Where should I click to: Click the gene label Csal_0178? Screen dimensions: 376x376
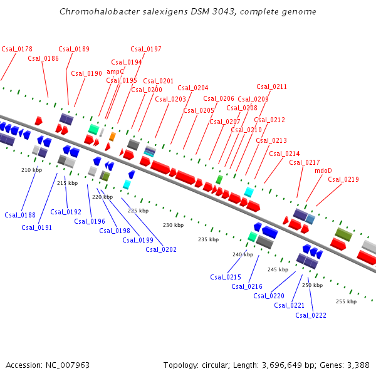tap(17, 49)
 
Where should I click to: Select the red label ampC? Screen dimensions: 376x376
tap(116, 71)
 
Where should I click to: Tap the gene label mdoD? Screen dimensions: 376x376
tap(323, 170)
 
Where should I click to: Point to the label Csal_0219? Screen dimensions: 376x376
tap(343, 180)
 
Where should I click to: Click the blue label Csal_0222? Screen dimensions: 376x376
tap(311, 315)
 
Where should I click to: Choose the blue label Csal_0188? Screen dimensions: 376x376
tap(20, 215)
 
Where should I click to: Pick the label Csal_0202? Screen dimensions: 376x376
tap(161, 249)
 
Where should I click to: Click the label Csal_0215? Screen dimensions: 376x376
tap(226, 277)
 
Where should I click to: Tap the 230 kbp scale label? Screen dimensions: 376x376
tap(174, 225)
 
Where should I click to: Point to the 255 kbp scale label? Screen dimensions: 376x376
tap(346, 301)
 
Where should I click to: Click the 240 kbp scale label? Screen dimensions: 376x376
tap(243, 254)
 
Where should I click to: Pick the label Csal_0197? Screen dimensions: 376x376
tap(146, 49)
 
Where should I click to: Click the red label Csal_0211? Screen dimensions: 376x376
tap(271, 86)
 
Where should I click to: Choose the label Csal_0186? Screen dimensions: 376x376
tap(43, 58)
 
